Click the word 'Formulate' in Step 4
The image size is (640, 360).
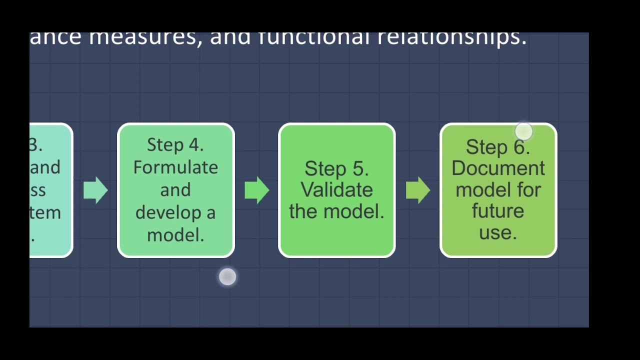click(x=175, y=167)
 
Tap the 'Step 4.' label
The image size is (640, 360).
click(x=175, y=145)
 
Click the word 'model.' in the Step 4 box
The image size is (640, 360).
click(x=175, y=235)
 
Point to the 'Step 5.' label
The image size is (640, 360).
click(x=336, y=168)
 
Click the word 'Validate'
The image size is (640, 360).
click(x=336, y=190)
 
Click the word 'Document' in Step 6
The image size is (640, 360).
click(x=498, y=168)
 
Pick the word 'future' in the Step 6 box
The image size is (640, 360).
click(x=498, y=211)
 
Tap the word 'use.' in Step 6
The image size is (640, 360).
click(x=498, y=232)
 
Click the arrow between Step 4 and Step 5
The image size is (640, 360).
click(x=257, y=190)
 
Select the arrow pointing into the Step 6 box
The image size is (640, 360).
click(x=418, y=190)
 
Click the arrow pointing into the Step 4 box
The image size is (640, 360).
click(x=95, y=190)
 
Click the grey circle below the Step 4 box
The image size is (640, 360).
click(x=227, y=277)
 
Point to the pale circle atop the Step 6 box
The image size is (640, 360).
click(x=523, y=132)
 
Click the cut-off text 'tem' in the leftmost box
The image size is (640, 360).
click(x=45, y=213)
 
